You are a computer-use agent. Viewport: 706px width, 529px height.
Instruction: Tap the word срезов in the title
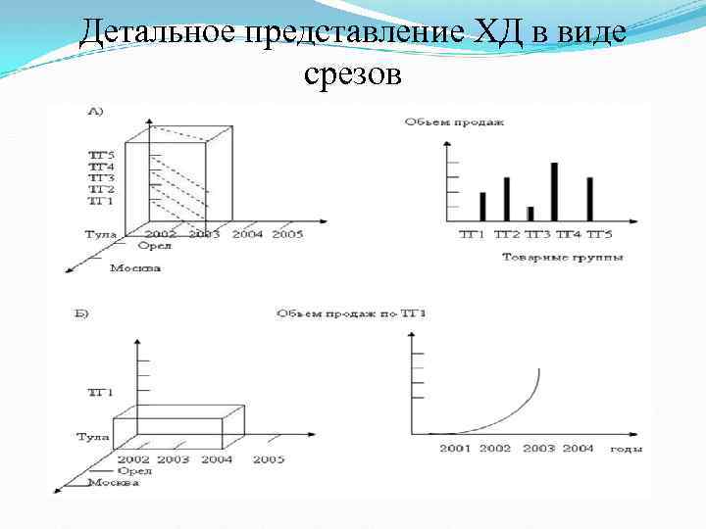pos(353,72)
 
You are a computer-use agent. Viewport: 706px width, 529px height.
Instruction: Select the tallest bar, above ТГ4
pos(555,191)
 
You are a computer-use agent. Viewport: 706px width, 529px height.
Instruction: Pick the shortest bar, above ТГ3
pos(530,213)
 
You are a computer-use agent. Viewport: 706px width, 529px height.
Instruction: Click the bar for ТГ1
pos(482,206)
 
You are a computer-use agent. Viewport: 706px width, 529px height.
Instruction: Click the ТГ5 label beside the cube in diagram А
pos(102,155)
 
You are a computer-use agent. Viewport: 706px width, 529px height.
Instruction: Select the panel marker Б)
pos(82,314)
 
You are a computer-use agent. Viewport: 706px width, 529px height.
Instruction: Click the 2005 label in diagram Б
pos(269,459)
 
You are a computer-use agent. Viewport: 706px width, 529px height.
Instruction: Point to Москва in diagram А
pos(135,267)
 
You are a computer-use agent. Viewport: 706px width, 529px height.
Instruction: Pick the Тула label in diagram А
pos(99,234)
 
